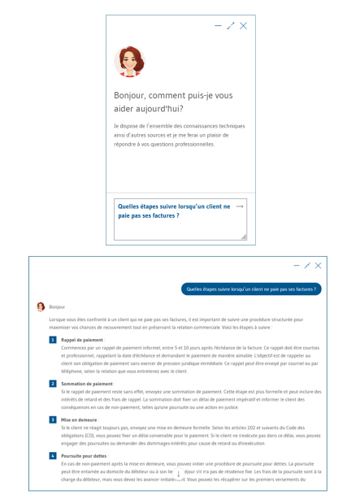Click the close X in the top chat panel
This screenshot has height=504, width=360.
pos(244,26)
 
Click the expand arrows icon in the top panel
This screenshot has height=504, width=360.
pos(231,26)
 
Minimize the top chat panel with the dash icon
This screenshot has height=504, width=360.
pos(218,26)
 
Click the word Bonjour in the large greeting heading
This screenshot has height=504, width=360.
pos(132,95)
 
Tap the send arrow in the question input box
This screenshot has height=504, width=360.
pos(239,206)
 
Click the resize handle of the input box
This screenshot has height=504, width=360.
pos(243,237)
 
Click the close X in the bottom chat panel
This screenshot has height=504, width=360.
pos(319,266)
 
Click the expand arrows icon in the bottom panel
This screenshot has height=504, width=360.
pos(307,266)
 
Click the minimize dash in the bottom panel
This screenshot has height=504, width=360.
pos(296,266)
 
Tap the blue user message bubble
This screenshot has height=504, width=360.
pos(251,289)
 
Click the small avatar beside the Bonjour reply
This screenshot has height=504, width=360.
pos(41,307)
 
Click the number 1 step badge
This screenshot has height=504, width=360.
pos(53,340)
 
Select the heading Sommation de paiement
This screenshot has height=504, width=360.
pos(87,383)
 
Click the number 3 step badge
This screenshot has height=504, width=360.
pos(53,419)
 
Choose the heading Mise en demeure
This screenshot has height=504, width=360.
pos(80,419)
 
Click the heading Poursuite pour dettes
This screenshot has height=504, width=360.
pos(84,456)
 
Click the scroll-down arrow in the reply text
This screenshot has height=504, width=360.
pos(179,474)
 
